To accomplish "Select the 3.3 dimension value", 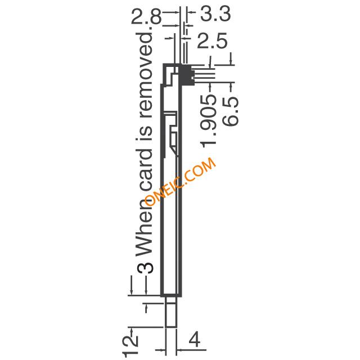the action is point(215,14).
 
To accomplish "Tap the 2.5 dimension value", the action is point(212,40).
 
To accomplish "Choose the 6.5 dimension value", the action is point(231,111).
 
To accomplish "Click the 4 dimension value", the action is point(195,339).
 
